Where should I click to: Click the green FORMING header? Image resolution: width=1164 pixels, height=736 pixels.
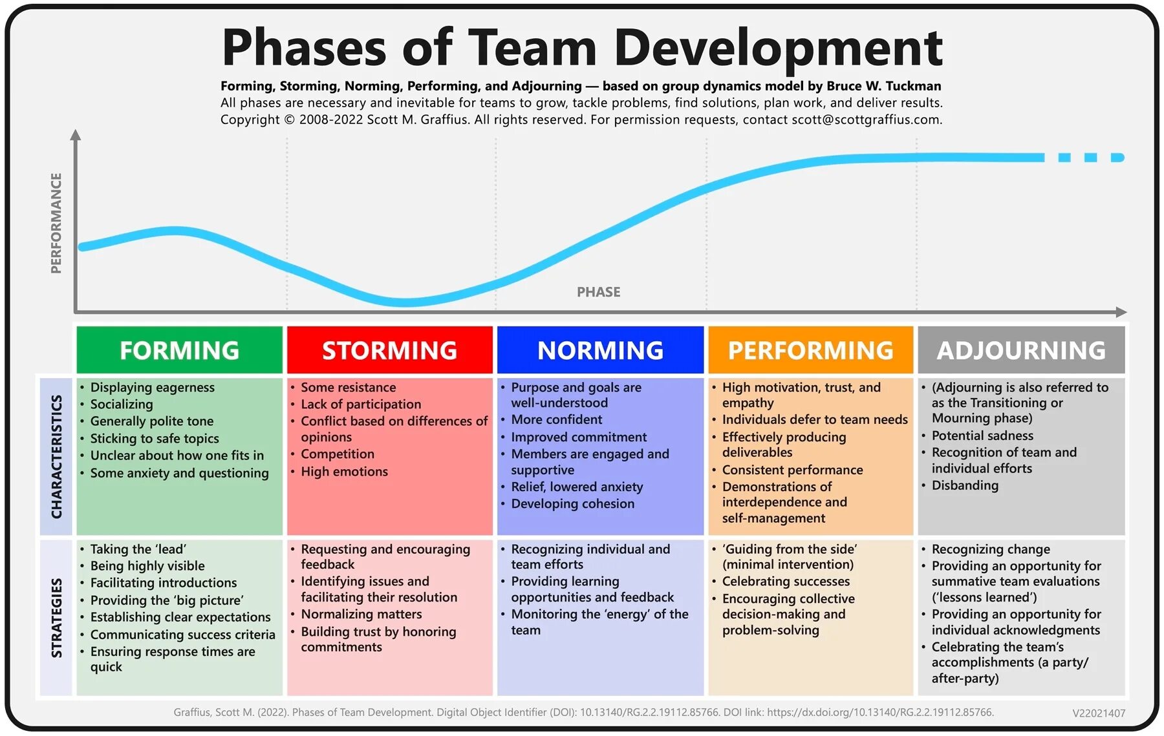[x=179, y=350]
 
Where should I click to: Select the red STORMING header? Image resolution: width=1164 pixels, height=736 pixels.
[x=389, y=350]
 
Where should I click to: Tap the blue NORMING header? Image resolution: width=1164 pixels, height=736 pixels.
[x=600, y=350]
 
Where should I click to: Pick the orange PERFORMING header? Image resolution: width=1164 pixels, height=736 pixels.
[x=810, y=350]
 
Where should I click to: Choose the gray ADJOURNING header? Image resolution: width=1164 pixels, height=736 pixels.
[x=1021, y=350]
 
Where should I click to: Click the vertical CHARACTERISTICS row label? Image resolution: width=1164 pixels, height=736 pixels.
[x=57, y=456]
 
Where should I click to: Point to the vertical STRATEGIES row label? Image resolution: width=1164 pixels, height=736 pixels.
[x=57, y=618]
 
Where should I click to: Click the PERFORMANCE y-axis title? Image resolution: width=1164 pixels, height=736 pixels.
[x=56, y=223]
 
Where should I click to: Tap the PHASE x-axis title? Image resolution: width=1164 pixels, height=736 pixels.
[x=598, y=292]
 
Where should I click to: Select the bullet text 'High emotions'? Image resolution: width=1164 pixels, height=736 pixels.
[x=344, y=472]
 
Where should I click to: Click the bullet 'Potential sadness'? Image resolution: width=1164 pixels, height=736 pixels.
[x=982, y=436]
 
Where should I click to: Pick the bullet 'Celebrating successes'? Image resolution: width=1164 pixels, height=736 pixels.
[x=786, y=582]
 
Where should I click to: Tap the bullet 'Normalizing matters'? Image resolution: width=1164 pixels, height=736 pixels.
[x=361, y=614]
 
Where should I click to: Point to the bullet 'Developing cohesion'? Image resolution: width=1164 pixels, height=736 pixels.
[x=572, y=503]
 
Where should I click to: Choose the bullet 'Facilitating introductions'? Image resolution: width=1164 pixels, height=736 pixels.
[x=164, y=583]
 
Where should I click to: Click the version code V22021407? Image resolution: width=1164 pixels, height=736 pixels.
[x=1099, y=713]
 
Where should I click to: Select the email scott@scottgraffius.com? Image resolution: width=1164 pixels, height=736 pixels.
[x=867, y=120]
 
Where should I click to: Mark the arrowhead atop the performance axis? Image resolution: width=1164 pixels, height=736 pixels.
[x=76, y=134]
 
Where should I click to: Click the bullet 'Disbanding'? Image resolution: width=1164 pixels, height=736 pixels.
[x=965, y=485]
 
